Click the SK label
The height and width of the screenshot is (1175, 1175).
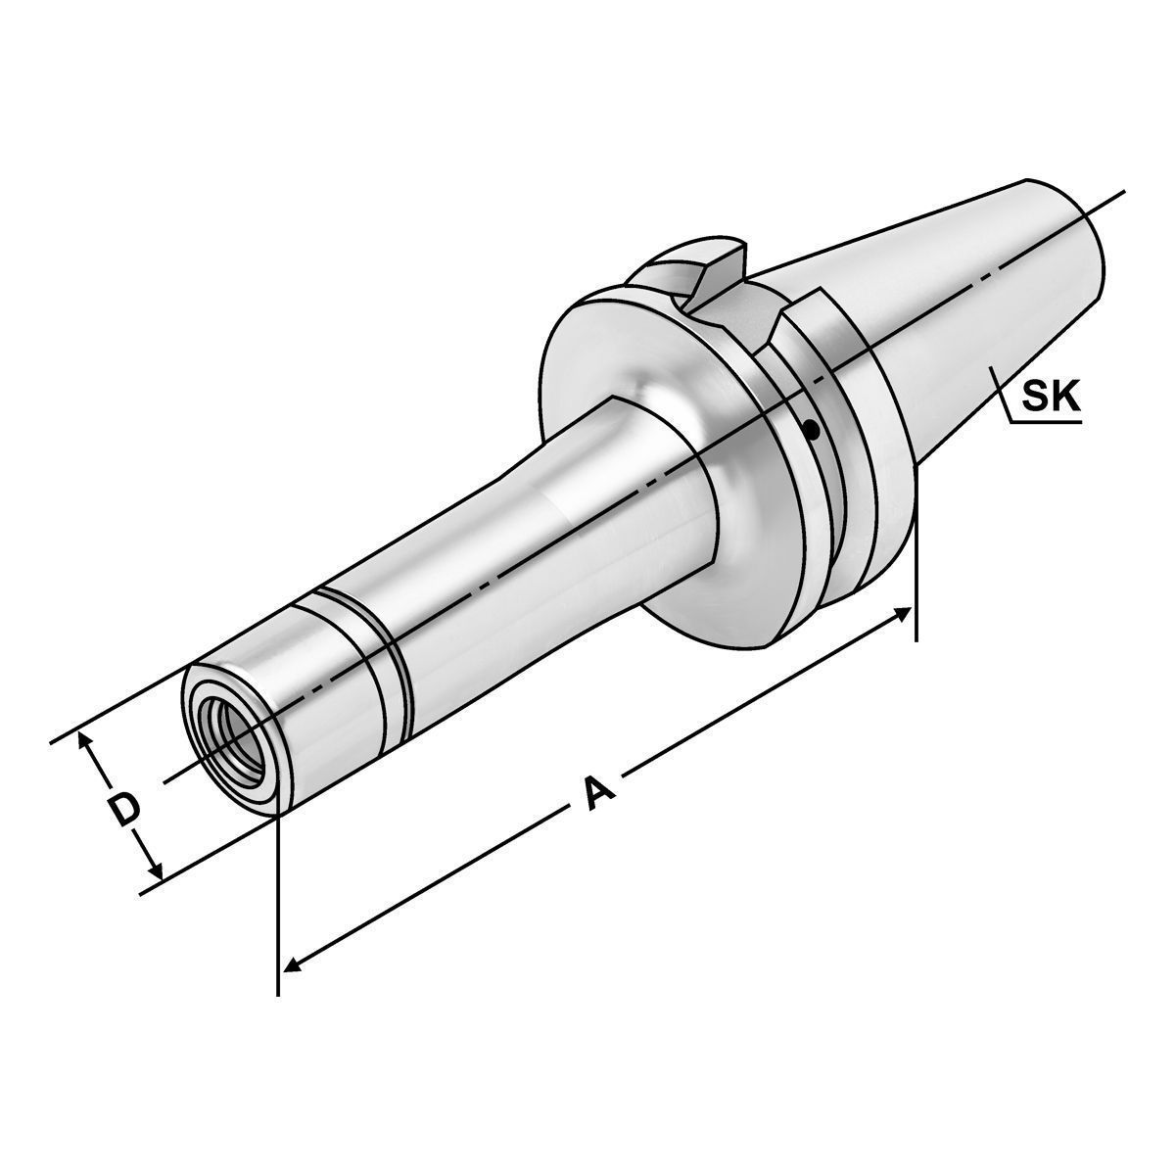coord(1050,397)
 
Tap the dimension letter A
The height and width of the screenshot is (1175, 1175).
coord(597,791)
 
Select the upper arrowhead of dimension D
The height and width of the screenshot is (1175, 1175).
coord(86,742)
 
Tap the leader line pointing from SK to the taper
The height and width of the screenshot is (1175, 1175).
coord(1001,397)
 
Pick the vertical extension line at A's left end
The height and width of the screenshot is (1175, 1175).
coord(279,901)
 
